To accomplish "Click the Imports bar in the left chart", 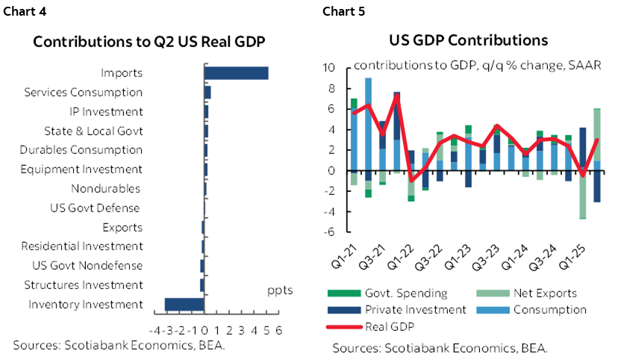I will point(236,72).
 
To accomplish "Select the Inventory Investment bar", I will point(184,304).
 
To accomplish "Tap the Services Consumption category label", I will point(83,93).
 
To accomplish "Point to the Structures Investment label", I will point(83,285).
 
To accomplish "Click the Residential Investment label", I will point(81,246).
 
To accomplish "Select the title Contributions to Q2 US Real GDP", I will point(150,42).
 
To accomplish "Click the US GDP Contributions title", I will point(468,40).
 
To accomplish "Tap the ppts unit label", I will point(280,290).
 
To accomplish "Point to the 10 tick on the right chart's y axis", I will point(327,68).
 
